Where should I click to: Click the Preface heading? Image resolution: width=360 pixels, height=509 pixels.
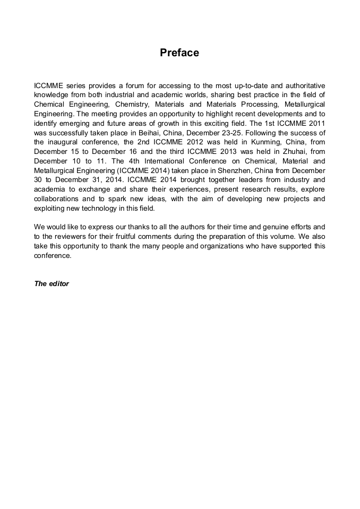(x=179, y=53)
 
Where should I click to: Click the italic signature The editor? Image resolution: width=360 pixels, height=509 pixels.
(x=52, y=283)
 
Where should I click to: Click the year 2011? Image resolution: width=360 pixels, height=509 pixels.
(x=315, y=123)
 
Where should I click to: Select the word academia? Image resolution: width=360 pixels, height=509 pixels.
(x=50, y=189)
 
